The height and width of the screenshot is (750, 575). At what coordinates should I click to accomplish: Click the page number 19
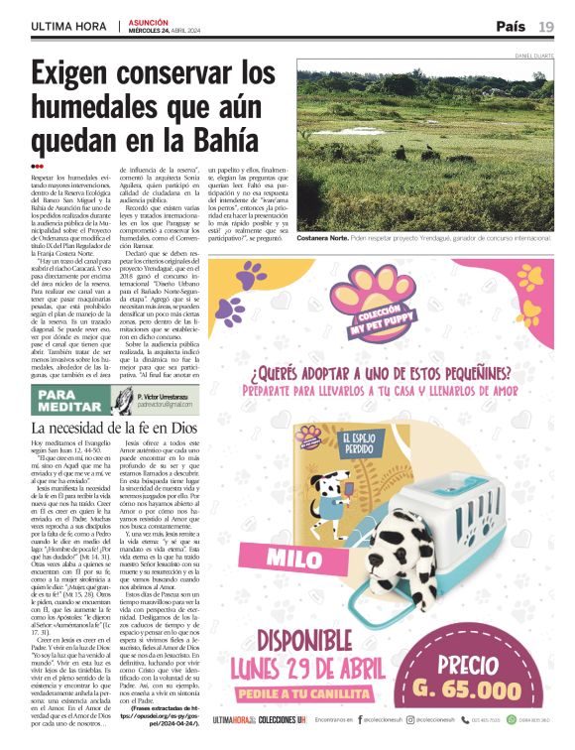click(x=546, y=26)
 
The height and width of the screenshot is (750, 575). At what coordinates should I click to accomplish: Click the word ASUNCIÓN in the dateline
click(x=144, y=21)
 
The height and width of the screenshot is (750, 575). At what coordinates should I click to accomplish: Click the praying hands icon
click(x=123, y=401)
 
